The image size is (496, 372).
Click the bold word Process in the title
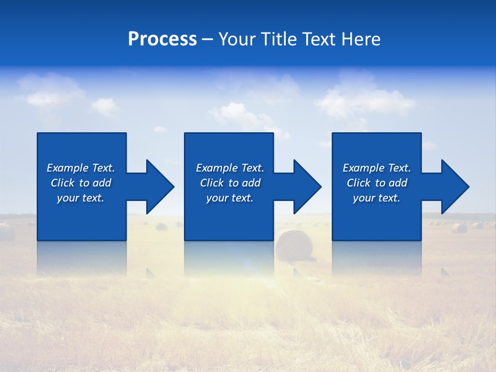[x=162, y=39]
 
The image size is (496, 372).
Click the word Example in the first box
[x=68, y=168]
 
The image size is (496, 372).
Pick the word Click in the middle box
[x=212, y=183]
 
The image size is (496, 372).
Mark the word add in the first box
[x=102, y=183]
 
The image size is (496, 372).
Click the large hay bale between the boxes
[x=294, y=245]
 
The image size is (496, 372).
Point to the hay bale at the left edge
[x=6, y=232]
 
